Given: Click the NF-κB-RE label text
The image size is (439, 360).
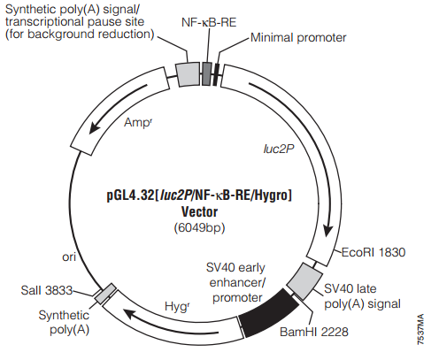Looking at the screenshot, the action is (209, 22).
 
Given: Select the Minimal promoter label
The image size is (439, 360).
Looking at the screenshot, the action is (298, 38).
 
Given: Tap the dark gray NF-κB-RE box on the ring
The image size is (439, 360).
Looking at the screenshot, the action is (206, 73).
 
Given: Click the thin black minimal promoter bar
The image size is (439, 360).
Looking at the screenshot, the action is (217, 74).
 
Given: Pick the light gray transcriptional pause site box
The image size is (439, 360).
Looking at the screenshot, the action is (188, 74).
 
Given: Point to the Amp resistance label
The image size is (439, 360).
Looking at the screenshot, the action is (138, 122).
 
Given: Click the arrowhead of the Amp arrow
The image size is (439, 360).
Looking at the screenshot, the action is (95, 128).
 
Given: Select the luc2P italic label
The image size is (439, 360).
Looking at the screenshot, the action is (279, 149).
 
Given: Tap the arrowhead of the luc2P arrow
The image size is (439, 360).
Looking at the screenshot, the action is (327, 231).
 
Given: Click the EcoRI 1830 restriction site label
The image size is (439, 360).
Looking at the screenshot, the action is (374, 252).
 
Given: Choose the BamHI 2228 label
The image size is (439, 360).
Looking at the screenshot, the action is (314, 332).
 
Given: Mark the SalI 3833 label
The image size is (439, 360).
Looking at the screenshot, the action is (47, 290).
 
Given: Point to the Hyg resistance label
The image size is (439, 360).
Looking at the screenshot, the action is (177, 307).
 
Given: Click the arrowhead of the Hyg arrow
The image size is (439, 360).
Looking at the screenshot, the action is (129, 314).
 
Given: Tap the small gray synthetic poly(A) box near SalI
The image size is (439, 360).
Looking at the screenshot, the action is (105, 294).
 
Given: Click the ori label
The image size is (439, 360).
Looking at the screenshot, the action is (69, 257).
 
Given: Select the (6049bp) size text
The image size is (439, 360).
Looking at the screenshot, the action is (199, 227).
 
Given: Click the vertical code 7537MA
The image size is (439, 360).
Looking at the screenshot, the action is (420, 329).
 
